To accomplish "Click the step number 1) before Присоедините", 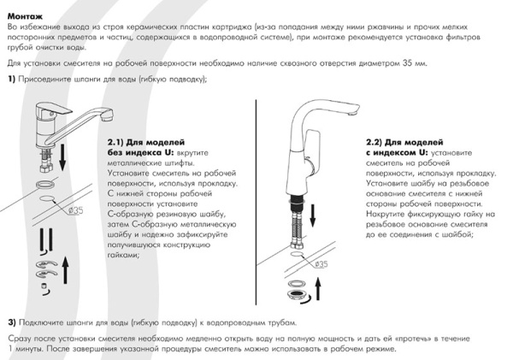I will pos(13,80).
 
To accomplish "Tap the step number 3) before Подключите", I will pos(13,322).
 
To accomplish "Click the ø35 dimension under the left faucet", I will pos(74,209).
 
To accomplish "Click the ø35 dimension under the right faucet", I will pos(321,264).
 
